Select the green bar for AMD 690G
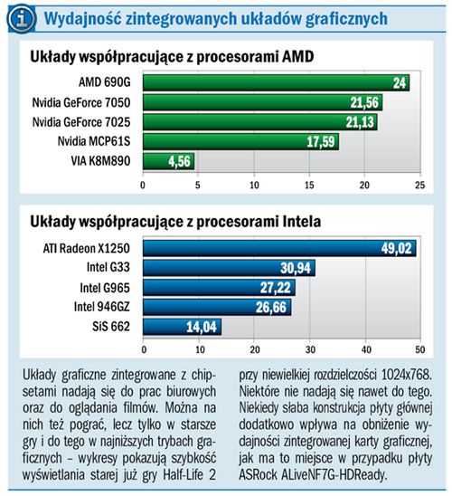point(275,82)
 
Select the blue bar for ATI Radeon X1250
point(278,248)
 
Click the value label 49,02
point(396,248)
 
